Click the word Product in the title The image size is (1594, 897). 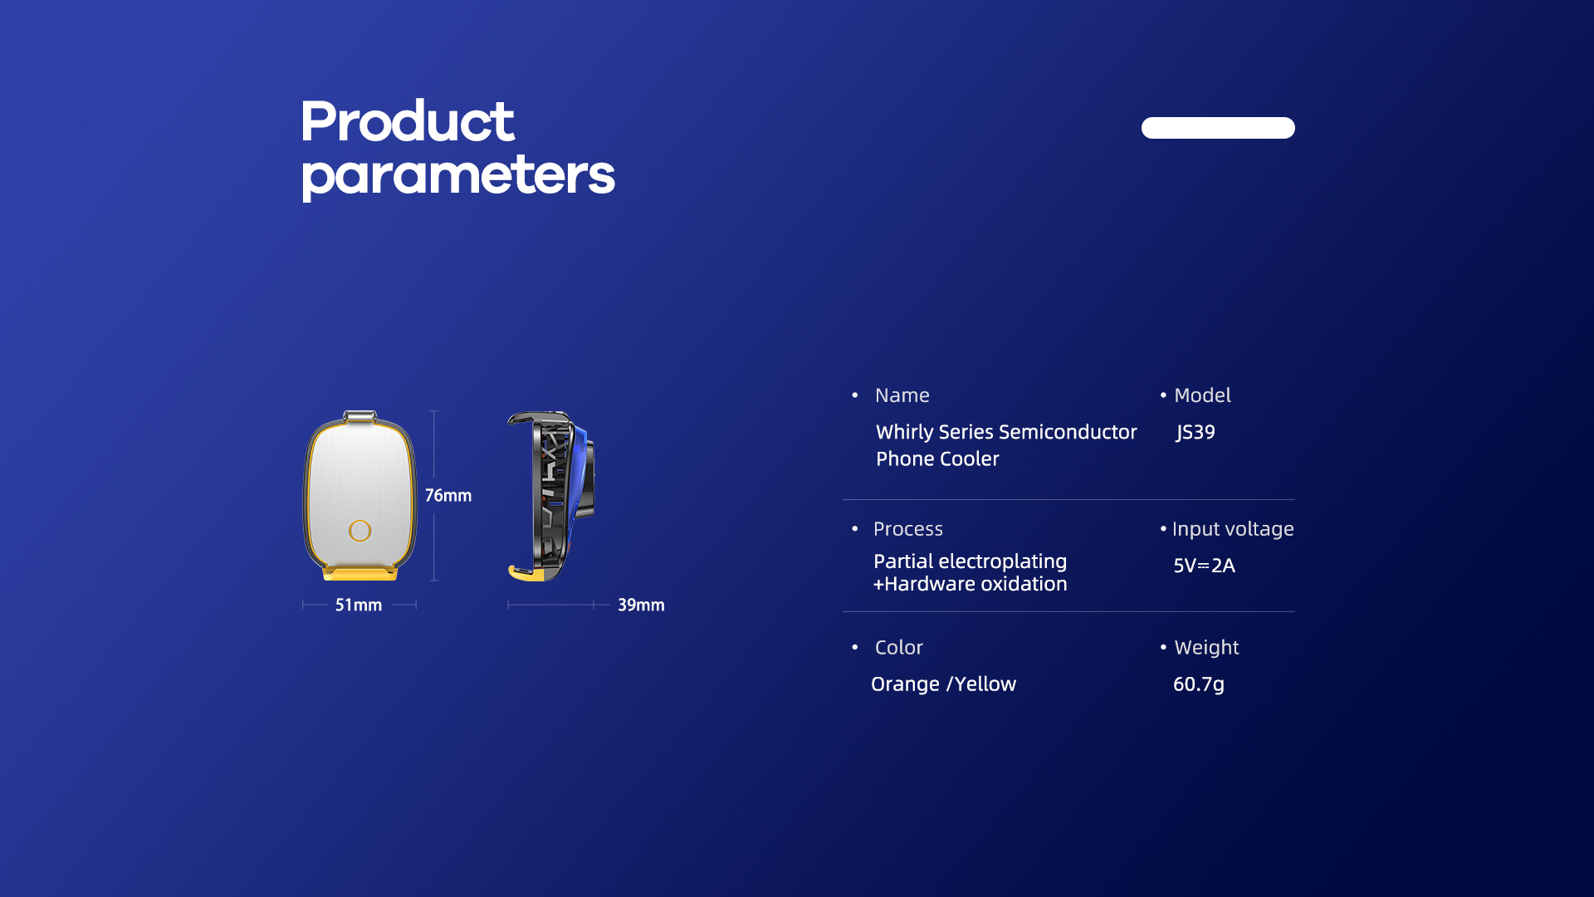(407, 121)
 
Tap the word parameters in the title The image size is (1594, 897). (457, 176)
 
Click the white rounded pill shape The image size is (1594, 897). (1218, 128)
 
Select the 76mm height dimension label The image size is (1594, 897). (448, 496)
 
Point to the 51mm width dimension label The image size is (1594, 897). (359, 605)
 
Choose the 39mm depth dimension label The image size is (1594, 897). (641, 605)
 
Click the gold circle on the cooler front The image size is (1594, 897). (360, 531)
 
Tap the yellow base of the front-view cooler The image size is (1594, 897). (359, 573)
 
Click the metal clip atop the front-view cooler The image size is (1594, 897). (359, 416)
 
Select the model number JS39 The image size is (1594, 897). (1195, 433)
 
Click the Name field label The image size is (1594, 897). (902, 395)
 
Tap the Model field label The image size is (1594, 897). (1202, 395)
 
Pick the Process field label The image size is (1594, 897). (908, 529)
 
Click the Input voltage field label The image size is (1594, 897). (1233, 529)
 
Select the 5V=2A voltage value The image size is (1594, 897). (1204, 566)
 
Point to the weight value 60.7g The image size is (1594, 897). (1199, 684)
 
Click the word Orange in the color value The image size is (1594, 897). (905, 684)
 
